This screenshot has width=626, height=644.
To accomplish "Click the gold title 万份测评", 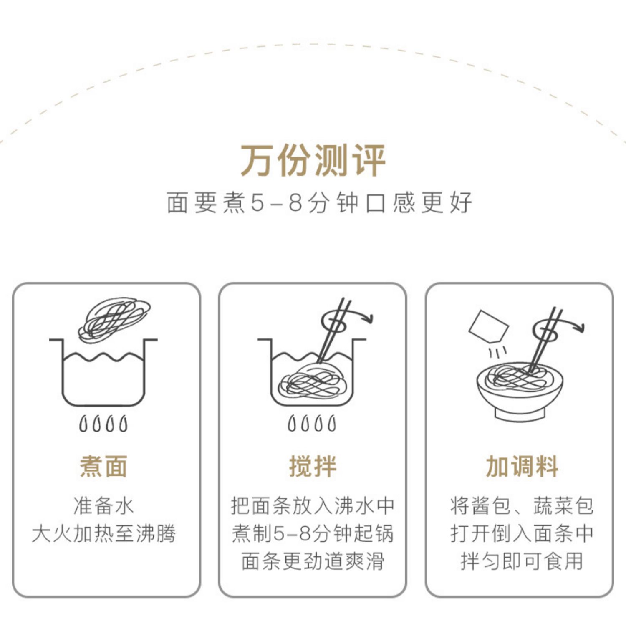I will (x=313, y=161).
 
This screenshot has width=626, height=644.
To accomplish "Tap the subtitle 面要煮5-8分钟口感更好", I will (x=319, y=203).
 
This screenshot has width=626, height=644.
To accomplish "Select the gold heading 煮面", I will (x=103, y=466).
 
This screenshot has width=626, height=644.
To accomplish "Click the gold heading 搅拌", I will (x=313, y=466).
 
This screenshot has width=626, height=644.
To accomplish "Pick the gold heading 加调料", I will (x=522, y=466).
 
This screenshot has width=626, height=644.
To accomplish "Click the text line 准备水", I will (x=103, y=506).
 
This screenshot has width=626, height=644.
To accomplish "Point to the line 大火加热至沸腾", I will (x=103, y=533).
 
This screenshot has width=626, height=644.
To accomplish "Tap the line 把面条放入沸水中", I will (x=313, y=506).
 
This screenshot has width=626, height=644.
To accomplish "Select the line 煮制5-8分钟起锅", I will (x=313, y=533).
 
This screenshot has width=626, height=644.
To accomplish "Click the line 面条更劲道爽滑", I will (x=313, y=561).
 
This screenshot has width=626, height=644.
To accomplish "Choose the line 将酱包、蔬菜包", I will (x=522, y=506).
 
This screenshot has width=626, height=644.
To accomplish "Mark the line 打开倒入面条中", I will (x=522, y=533).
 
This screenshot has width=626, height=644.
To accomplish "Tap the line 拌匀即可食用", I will (x=522, y=561).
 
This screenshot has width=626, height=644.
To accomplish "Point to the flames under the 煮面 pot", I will (x=103, y=424).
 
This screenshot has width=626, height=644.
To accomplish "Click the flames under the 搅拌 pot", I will (x=312, y=424).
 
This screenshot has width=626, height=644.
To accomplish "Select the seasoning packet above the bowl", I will (x=488, y=326).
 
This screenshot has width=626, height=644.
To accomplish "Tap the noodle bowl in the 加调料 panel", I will (x=520, y=390).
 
